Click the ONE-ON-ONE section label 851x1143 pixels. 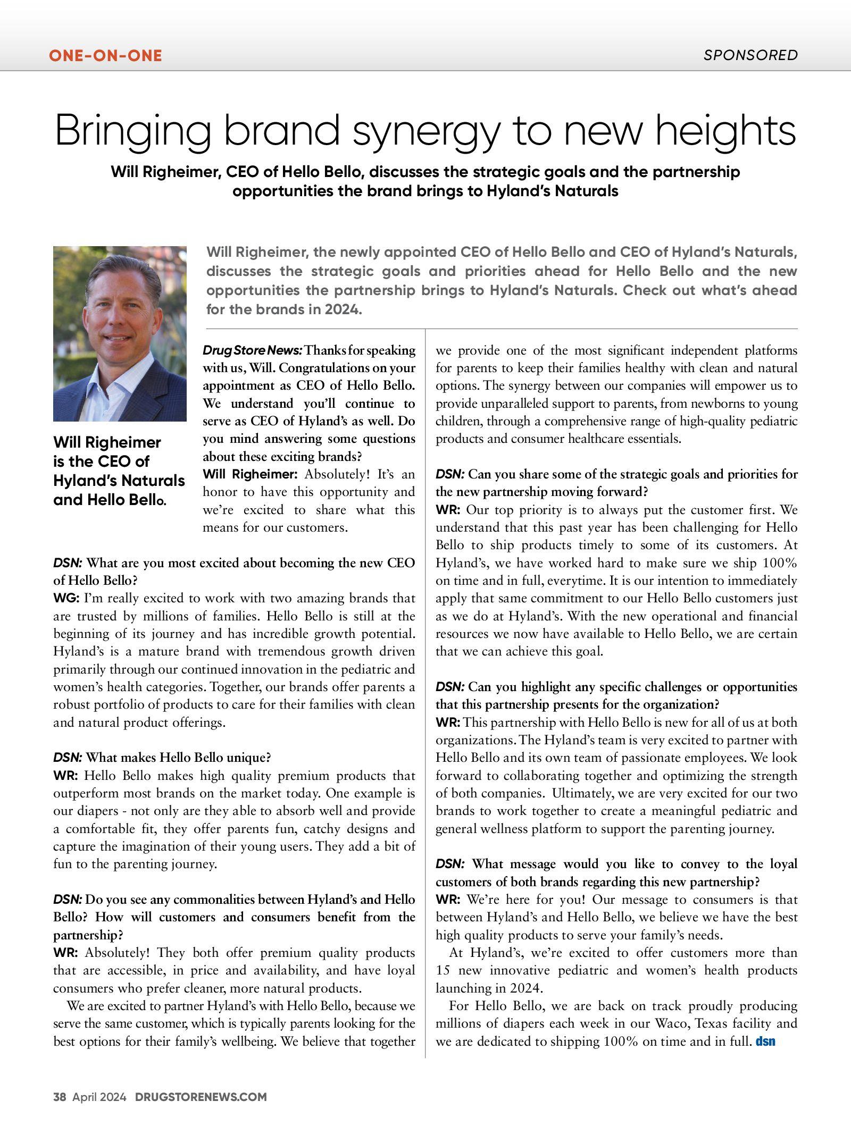point(105,55)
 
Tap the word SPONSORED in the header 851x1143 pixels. point(750,55)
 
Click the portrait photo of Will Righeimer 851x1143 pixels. point(120,333)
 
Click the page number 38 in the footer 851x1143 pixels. point(60,1097)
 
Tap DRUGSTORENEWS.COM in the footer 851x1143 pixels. point(201,1097)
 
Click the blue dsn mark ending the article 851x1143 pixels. point(765,1041)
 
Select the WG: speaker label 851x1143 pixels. point(66,599)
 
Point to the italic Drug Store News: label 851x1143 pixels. point(252,350)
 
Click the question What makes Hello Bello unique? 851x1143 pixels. point(178,758)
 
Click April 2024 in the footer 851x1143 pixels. point(99,1097)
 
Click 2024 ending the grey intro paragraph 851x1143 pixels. point(345,309)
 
